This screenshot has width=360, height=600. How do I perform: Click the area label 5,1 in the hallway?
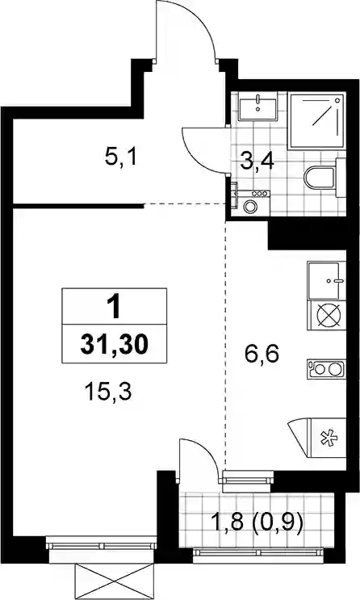click(120, 157)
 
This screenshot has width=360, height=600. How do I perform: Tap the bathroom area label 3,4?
click(257, 162)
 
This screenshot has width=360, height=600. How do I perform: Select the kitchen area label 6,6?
click(262, 355)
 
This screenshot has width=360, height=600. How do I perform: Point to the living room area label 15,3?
click(108, 392)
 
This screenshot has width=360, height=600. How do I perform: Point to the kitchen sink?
click(326, 279)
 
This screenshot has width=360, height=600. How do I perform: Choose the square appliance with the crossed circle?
click(326, 316)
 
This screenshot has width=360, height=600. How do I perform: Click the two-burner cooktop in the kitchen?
click(326, 369)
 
